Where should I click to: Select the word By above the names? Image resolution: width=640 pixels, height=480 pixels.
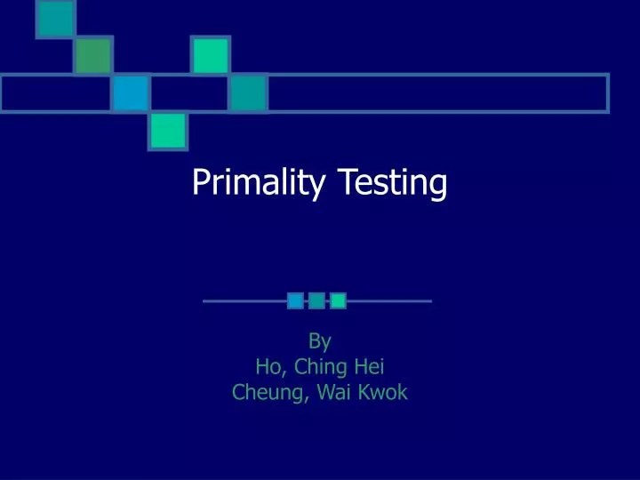319,340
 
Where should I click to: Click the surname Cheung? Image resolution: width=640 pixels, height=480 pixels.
268,392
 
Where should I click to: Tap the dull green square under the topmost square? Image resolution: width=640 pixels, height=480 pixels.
92,56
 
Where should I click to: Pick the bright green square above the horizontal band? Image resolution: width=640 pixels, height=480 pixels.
211,56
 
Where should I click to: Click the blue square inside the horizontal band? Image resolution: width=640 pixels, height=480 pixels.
130,93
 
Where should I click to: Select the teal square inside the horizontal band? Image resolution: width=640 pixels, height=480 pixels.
248,93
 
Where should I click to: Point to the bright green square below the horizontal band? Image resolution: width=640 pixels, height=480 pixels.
167,131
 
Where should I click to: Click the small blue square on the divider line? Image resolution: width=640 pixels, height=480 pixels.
295,301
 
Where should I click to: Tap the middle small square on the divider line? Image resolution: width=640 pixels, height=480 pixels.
316,301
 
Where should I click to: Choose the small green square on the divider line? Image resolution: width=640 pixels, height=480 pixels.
338,301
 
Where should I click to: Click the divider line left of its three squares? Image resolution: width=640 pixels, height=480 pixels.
244,301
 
